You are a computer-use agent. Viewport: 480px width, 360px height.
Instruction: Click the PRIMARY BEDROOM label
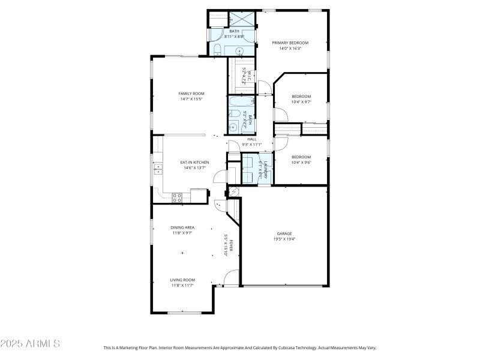tap(290, 43)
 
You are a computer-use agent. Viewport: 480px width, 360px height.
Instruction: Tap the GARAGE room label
tap(285, 233)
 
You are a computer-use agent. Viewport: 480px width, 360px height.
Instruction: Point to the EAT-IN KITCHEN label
tap(194, 163)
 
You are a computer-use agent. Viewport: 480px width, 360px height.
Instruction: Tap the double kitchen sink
tap(157, 169)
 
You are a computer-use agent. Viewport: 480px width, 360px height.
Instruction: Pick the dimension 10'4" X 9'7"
tap(301, 102)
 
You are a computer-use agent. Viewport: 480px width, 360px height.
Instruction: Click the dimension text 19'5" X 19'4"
tap(285, 239)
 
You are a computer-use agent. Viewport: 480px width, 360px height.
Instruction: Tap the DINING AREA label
tap(182, 227)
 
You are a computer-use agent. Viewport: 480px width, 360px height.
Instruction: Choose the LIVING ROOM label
tap(182, 280)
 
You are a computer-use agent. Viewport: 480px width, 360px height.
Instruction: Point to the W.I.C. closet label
tap(244, 76)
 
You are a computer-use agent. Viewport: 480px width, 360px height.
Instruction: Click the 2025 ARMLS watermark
tap(30, 344)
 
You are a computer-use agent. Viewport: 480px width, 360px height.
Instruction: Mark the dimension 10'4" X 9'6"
tap(301, 162)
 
